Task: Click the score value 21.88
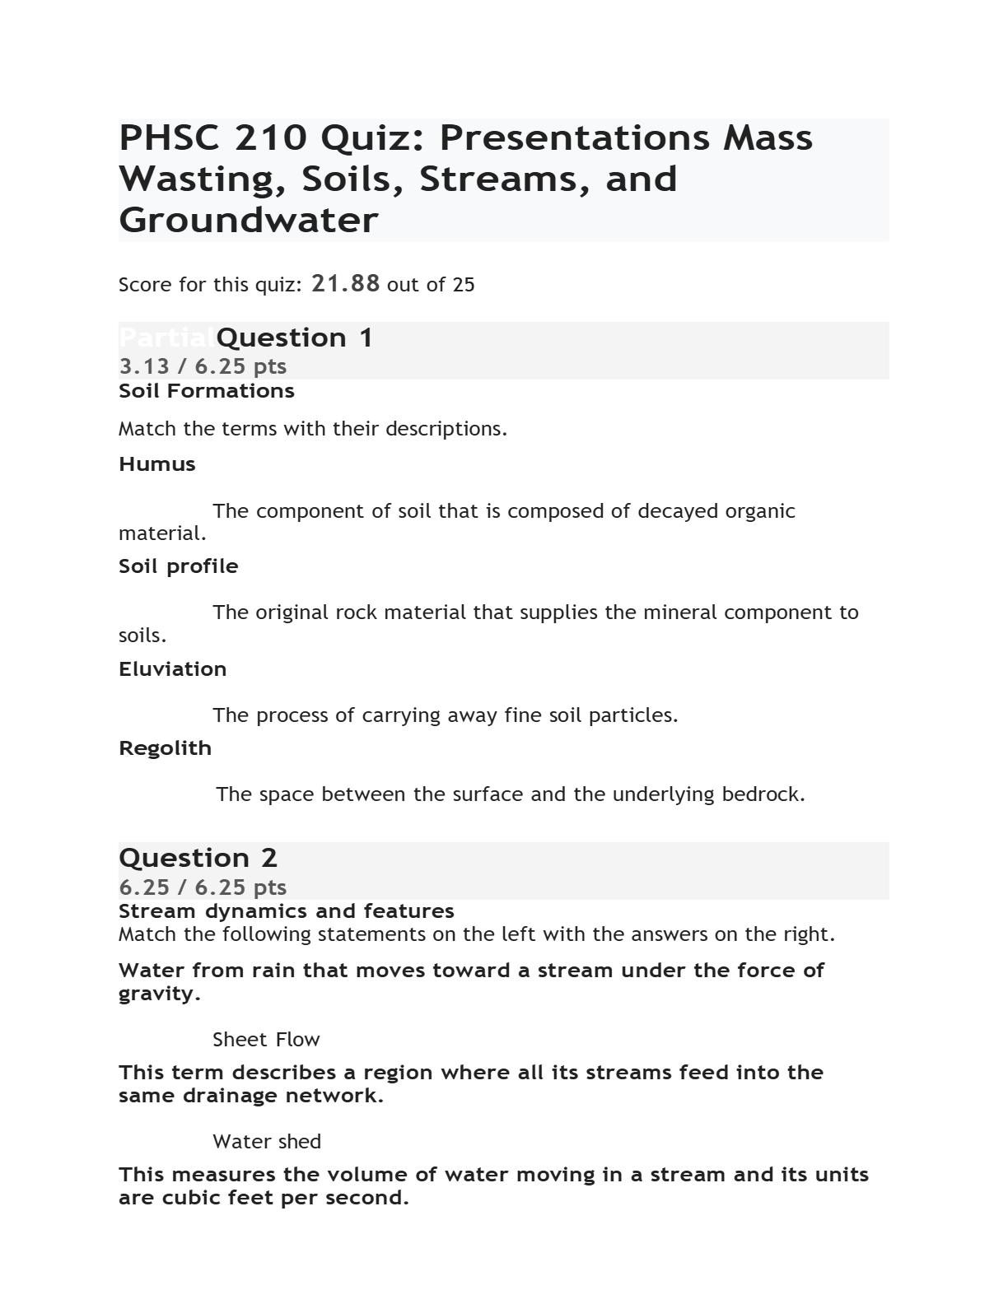(345, 284)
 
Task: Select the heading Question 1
(294, 338)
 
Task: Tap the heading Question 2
(198, 858)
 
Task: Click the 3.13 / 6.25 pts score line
(203, 366)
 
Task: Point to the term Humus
(157, 464)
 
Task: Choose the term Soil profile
(179, 566)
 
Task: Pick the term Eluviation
(172, 669)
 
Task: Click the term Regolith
(165, 748)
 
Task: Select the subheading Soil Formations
(206, 391)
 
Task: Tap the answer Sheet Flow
(266, 1040)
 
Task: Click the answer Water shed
(267, 1142)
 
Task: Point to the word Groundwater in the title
(248, 221)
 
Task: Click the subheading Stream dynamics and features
(286, 911)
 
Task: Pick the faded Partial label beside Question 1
(166, 338)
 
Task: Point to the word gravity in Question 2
(157, 994)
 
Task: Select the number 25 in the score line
(464, 285)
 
